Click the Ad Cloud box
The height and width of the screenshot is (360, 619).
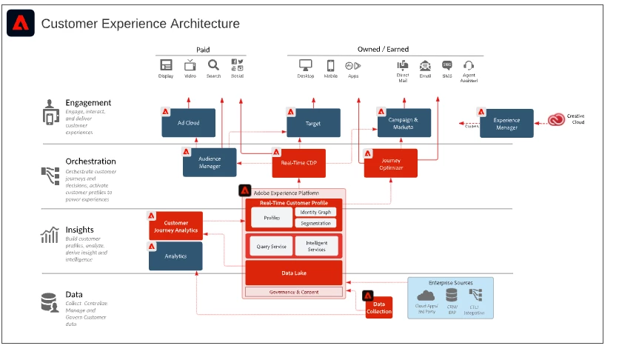(x=189, y=123)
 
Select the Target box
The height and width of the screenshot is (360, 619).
(x=314, y=123)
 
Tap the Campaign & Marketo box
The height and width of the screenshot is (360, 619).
(x=404, y=123)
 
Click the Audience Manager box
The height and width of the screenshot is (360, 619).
(x=210, y=162)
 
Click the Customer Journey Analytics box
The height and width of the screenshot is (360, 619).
(x=175, y=226)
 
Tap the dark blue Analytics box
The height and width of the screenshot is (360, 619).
(x=175, y=256)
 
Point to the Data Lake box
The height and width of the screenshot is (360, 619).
(x=293, y=273)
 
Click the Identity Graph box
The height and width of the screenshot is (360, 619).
(x=316, y=212)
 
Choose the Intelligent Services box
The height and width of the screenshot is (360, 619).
(x=316, y=246)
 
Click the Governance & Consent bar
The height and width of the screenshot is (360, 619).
(x=293, y=292)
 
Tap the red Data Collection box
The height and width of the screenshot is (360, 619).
(x=378, y=307)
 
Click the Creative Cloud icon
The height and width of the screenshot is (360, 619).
(x=557, y=119)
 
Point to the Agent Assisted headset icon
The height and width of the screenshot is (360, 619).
(x=468, y=66)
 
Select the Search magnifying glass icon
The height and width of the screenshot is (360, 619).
(x=213, y=65)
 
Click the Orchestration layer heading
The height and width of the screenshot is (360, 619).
(x=90, y=161)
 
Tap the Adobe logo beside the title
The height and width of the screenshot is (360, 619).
(x=20, y=24)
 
